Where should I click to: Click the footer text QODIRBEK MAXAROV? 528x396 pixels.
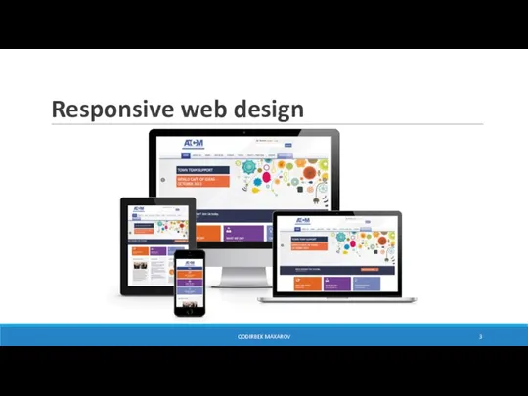click(263, 336)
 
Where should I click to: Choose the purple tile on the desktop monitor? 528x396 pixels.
click(248, 234)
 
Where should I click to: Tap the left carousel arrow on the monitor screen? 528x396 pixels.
click(163, 181)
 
